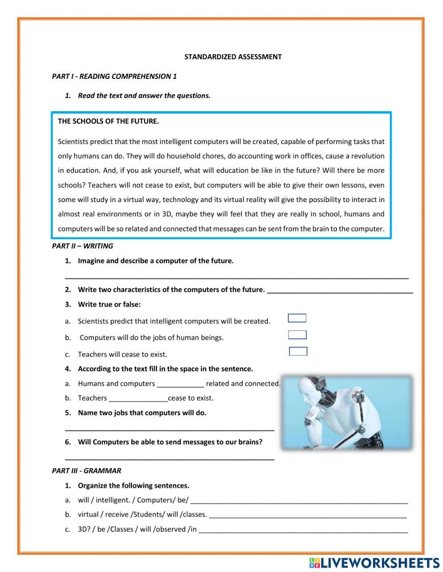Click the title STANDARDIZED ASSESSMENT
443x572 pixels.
pos(233,57)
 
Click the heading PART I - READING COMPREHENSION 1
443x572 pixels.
pos(114,76)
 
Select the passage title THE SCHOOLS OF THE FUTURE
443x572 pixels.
pos(108,121)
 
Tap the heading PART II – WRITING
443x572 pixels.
pos(82,246)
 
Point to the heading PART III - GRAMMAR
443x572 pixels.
pos(86,471)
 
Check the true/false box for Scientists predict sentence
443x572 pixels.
pos(297,318)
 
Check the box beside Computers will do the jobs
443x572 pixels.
pos(297,335)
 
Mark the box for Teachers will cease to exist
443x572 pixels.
pos(298,351)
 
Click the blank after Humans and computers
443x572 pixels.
pos(180,384)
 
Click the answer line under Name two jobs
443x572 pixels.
pos(169,429)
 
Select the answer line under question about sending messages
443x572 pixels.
pos(169,459)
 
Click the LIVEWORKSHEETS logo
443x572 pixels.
pos(374,563)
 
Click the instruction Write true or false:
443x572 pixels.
pos(109,304)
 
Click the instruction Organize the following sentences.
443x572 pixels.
pos(133,485)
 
